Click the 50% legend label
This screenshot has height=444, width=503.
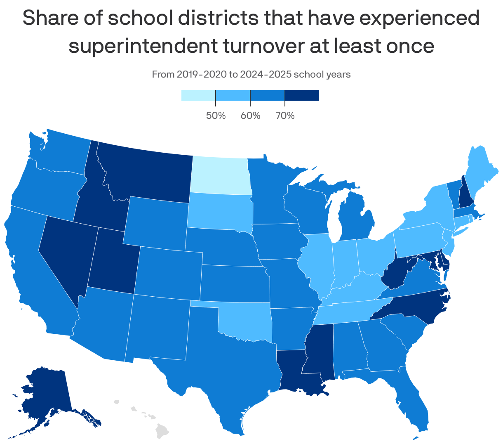216,116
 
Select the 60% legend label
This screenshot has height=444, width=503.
250,116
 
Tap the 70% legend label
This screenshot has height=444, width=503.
285,116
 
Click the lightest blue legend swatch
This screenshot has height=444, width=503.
198,95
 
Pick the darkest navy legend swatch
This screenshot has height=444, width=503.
302,95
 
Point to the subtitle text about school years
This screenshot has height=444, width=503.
251,75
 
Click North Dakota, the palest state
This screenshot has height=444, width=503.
221,175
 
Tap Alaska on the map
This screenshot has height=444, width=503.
45,396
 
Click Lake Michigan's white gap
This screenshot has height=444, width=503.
333,219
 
